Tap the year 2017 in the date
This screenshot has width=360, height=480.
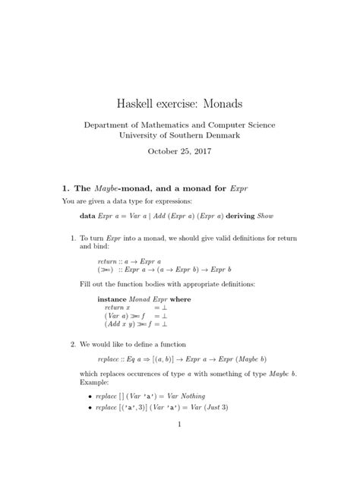[201, 151]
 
